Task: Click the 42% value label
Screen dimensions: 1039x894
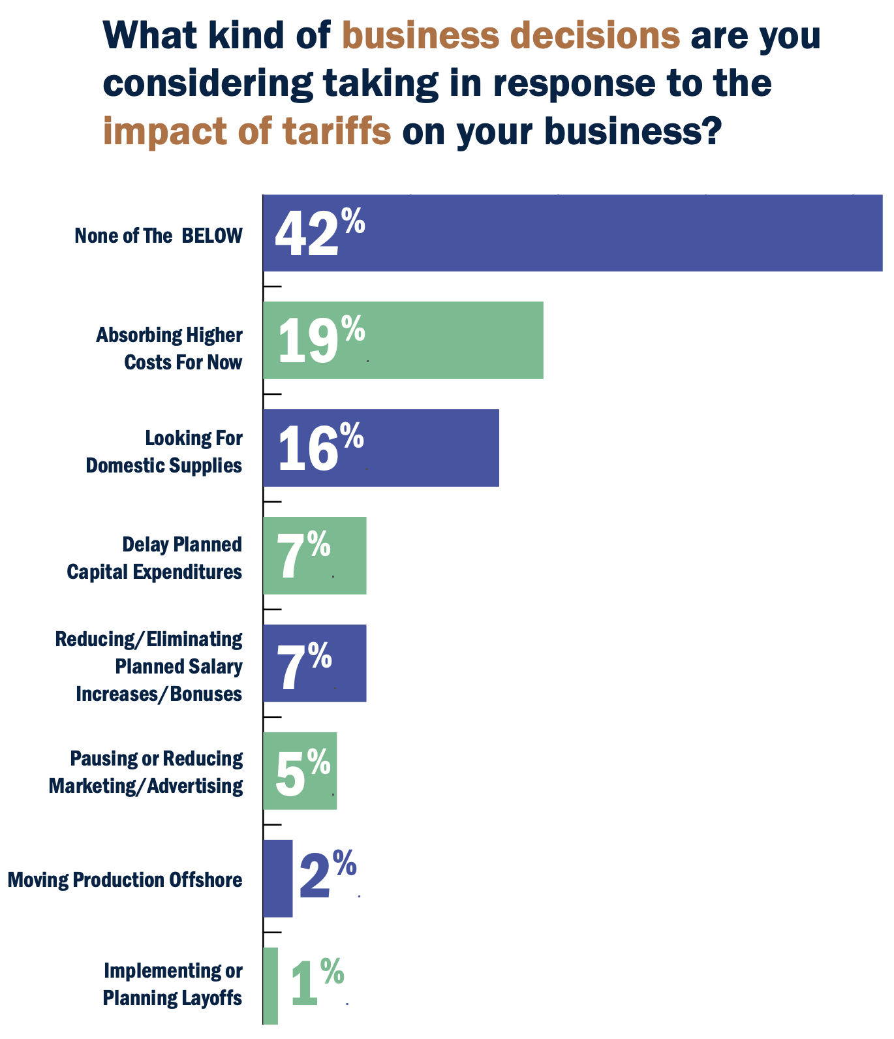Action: [319, 233]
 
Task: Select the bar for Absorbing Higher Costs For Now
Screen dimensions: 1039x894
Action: [403, 340]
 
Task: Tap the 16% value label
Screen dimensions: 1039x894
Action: [320, 448]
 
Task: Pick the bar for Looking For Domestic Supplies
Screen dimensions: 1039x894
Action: [381, 448]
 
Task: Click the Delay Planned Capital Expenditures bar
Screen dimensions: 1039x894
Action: [315, 555]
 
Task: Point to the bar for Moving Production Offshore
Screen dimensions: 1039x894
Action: [278, 878]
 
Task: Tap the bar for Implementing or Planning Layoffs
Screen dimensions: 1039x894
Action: [271, 985]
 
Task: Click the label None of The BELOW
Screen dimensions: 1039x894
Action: [159, 236]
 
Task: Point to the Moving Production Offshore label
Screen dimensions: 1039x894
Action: [125, 880]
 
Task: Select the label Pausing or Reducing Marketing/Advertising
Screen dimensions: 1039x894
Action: [146, 772]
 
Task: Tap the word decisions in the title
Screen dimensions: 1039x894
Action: [594, 35]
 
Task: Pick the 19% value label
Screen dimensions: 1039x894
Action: [321, 340]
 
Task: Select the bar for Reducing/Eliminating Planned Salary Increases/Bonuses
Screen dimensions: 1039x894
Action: [315, 663]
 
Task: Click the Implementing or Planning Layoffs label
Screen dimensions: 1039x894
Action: [173, 984]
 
